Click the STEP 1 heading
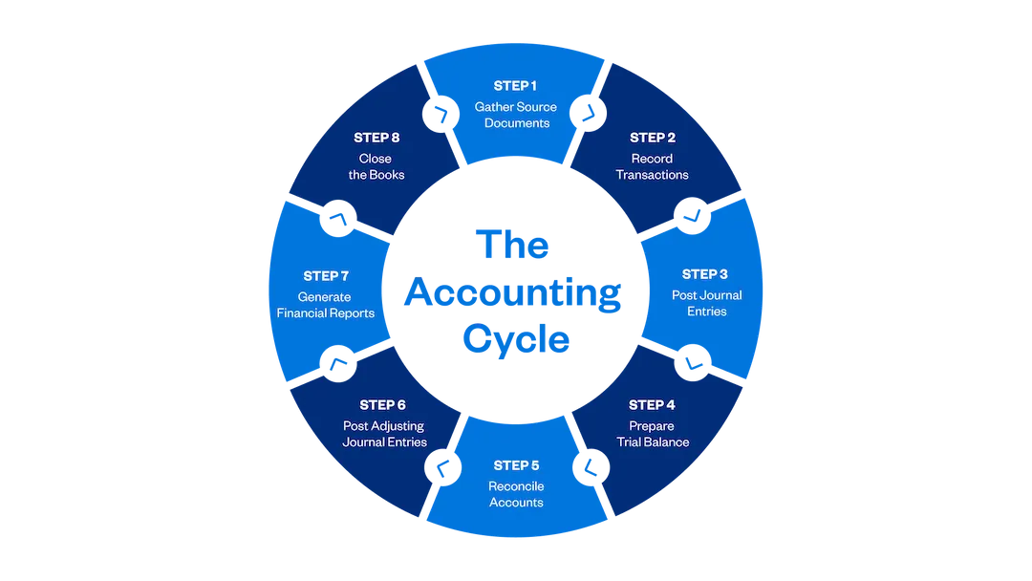[x=516, y=86]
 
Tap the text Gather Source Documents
[x=516, y=115]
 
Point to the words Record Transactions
[x=652, y=166]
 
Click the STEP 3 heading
[x=706, y=275]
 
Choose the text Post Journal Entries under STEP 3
[x=706, y=303]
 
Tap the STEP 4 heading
[x=652, y=405]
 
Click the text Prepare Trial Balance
[x=652, y=434]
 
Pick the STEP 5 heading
[x=516, y=465]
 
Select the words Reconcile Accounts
[x=516, y=494]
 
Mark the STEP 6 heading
[x=382, y=405]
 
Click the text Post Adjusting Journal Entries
[x=384, y=434]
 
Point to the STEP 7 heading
[x=326, y=276]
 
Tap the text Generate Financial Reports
[x=326, y=305]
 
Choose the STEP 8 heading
[x=376, y=138]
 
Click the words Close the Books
[x=376, y=166]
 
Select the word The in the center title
[x=513, y=244]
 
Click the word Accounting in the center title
[x=513, y=292]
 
